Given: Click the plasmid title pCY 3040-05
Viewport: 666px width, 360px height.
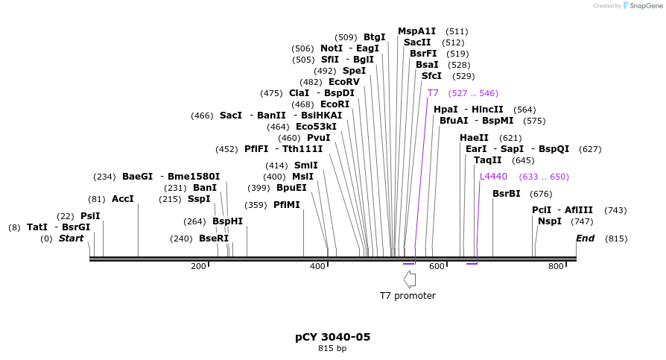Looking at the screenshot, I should tap(332, 337).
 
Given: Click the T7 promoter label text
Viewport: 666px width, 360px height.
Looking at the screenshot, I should tap(407, 296).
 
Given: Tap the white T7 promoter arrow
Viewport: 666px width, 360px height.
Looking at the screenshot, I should tap(409, 280).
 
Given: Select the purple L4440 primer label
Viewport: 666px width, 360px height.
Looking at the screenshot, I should tap(493, 177).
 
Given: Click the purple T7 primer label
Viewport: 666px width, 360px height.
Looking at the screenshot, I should tap(433, 93).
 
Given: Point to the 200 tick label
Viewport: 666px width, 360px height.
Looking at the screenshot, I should tap(198, 266).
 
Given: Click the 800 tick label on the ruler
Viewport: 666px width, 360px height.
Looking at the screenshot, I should tap(556, 266).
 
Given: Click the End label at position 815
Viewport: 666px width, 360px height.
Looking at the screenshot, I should tap(585, 239).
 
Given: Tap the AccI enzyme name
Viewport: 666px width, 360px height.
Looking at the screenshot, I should tap(122, 199).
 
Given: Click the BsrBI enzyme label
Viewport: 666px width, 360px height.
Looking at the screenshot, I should tap(506, 194).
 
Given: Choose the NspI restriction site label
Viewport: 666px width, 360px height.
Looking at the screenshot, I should tap(550, 221).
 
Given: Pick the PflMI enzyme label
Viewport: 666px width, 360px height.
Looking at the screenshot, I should tap(286, 204).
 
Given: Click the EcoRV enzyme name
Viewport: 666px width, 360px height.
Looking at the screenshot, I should tap(343, 82).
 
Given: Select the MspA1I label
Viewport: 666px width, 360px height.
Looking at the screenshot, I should tap(416, 31).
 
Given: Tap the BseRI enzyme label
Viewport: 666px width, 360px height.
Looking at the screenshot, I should tap(214, 239).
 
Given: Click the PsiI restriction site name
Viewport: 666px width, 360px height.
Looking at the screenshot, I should tap(90, 216).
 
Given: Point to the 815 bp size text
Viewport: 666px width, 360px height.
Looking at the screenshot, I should tap(332, 348).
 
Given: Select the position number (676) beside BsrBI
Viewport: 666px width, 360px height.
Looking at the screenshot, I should tap(541, 194).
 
